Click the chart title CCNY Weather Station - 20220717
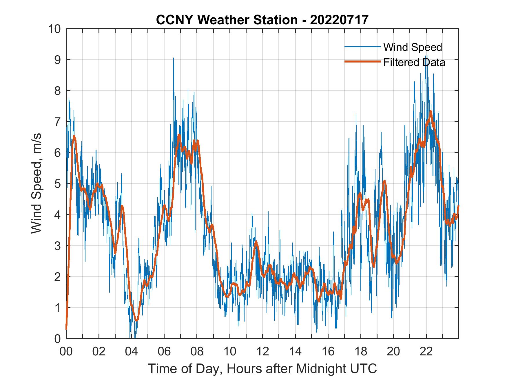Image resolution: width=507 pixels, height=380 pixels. tap(262, 20)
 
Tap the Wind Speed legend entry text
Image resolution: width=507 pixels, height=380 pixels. tap(413, 47)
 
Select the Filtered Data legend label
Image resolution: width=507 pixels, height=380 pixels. tap(414, 62)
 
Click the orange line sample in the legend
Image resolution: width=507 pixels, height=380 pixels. tap(362, 62)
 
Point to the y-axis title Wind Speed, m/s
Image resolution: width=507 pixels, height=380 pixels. tap(37, 183)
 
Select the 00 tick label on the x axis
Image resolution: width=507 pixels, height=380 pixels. tap(66, 352)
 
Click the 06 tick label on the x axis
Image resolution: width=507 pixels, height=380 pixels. tap(164, 352)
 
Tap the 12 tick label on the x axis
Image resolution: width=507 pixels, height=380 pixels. tap(262, 352)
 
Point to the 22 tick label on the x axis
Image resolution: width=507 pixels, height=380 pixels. tap(426, 352)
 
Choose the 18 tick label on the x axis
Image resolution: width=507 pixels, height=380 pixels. tap(361, 352)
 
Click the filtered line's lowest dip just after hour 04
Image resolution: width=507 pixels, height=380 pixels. tap(136, 320)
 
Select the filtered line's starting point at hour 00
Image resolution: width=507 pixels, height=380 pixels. tap(66, 329)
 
